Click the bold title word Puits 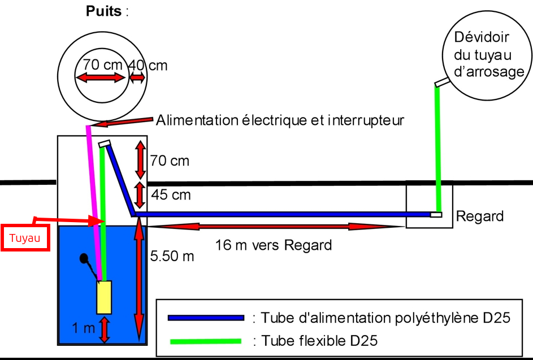(x=103, y=11)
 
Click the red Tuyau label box (x=25, y=237)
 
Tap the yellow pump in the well (x=104, y=297)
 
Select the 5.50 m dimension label (x=172, y=256)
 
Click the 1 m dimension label (x=83, y=328)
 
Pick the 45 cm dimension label (x=171, y=195)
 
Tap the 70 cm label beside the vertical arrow (x=170, y=161)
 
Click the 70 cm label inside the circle (x=103, y=64)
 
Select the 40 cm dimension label (x=148, y=65)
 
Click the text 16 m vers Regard (x=274, y=245)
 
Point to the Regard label (x=480, y=216)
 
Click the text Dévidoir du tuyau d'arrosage (x=489, y=54)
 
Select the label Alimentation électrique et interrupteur (x=280, y=120)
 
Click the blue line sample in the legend (x=206, y=318)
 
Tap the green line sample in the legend (x=206, y=341)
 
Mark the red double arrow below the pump (x=105, y=329)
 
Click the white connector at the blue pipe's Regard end (x=436, y=215)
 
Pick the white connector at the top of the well (x=105, y=144)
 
